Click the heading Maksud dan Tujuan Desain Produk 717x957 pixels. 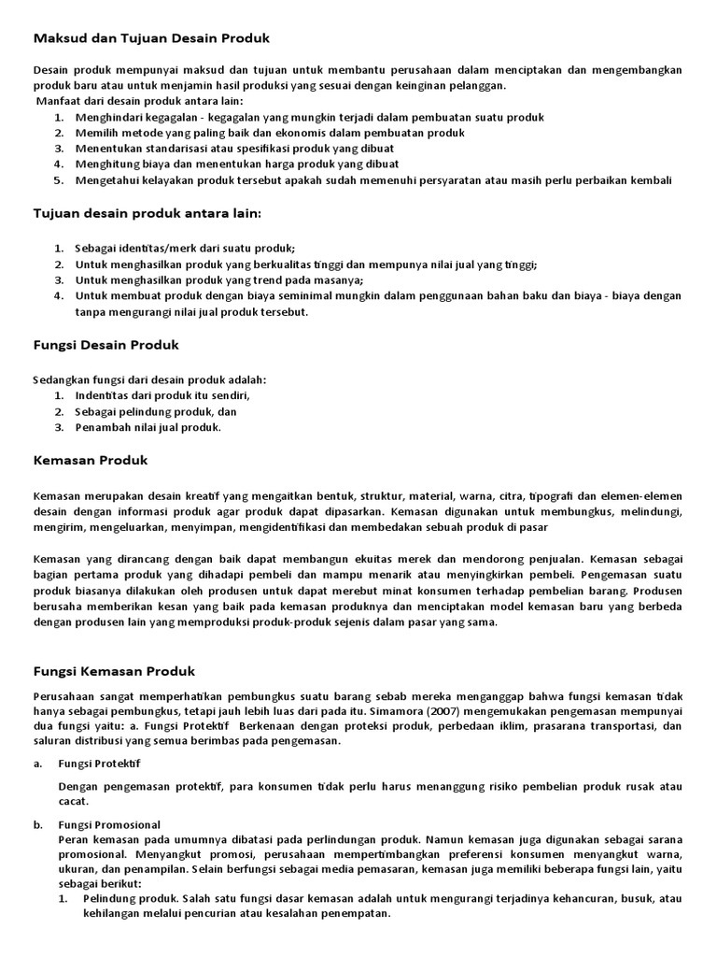(x=151, y=38)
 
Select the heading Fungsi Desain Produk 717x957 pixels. (x=105, y=345)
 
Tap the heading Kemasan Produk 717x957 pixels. (x=90, y=461)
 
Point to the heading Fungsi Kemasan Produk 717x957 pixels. (x=114, y=671)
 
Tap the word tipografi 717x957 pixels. (x=555, y=495)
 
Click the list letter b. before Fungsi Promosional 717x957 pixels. (x=38, y=825)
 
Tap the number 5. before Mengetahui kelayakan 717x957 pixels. (x=58, y=180)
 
